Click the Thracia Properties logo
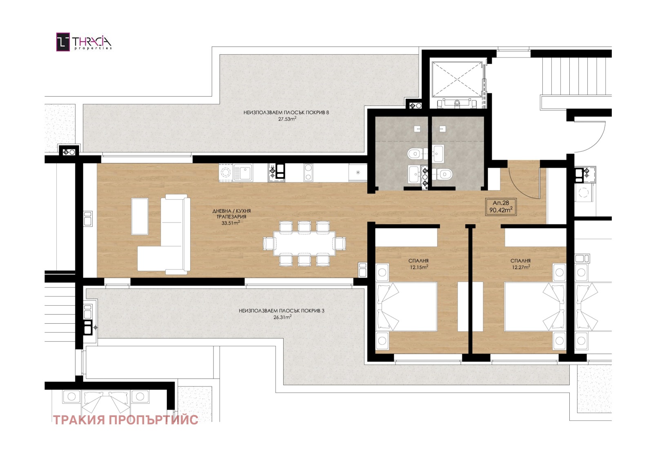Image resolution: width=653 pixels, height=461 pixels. click(x=84, y=42)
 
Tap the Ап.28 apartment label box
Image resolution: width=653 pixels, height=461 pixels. click(x=501, y=207)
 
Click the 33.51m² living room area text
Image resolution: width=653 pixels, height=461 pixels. click(x=231, y=223)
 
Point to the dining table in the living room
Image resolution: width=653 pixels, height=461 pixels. click(x=304, y=243)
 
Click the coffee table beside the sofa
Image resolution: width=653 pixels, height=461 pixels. click(x=140, y=216)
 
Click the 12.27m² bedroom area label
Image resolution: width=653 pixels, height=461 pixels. click(x=521, y=267)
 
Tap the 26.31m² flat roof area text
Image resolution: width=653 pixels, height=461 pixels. click(x=282, y=317)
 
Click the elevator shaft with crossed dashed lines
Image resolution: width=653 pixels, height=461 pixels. click(x=457, y=79)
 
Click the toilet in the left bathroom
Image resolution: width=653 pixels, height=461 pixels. click(x=416, y=154)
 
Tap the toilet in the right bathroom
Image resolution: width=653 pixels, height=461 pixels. click(x=443, y=174)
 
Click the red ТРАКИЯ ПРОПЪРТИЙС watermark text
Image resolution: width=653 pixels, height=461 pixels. click(x=126, y=420)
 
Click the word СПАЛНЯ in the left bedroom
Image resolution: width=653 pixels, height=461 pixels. click(x=418, y=261)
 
